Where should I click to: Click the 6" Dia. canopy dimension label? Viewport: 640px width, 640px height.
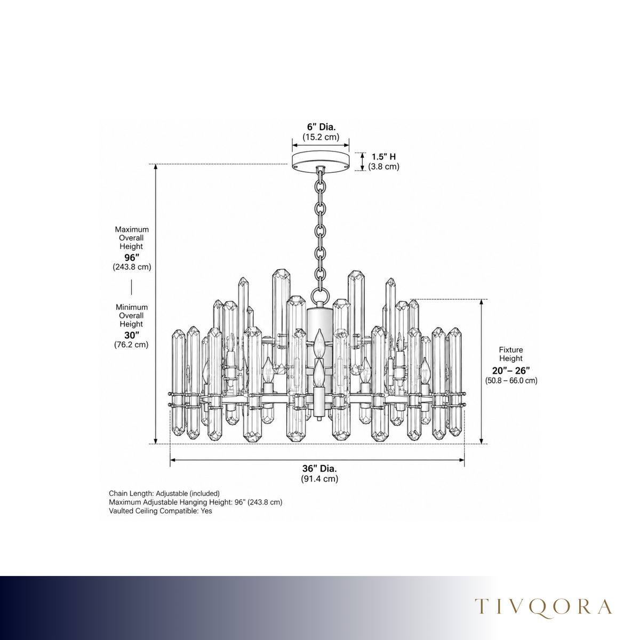coord(321,127)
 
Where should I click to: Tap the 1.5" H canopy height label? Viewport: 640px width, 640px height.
coord(383,157)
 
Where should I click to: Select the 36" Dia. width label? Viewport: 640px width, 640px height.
coord(319,469)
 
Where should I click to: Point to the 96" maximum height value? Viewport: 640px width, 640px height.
coord(132,258)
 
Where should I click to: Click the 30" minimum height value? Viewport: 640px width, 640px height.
coord(132,335)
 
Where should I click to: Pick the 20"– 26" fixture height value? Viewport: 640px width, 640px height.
coord(511,371)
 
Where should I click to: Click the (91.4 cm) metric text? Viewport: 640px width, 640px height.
coord(319,479)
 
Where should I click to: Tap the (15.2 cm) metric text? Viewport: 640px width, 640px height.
coord(321,137)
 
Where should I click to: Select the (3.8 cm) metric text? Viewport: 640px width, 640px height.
coord(383,166)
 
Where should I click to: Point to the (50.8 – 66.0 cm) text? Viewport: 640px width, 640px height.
coord(511,381)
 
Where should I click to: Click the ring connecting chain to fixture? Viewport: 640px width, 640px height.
coord(320,295)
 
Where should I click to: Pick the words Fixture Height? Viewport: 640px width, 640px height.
coord(511,354)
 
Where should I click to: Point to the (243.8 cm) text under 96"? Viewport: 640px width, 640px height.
coord(132,267)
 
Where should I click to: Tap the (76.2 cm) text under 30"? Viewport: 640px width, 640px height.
coord(131,345)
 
